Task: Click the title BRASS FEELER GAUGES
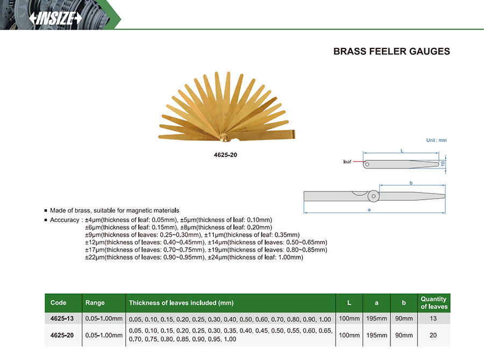[392, 52]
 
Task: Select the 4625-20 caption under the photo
[226, 155]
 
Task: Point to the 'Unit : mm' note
[436, 140]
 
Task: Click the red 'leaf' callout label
[347, 161]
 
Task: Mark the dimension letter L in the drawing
[402, 151]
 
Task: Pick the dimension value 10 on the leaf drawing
[443, 163]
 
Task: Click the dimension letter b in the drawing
[411, 183]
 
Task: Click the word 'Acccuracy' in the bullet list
[66, 220]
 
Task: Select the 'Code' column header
[58, 303]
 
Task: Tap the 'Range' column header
[95, 303]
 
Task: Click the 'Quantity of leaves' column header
[433, 303]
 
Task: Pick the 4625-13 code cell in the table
[62, 319]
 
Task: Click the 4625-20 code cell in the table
[62, 335]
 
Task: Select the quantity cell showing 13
[433, 319]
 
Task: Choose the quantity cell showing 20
[433, 335]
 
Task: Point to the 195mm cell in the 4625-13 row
[376, 319]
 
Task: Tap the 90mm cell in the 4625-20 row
[403, 335]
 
